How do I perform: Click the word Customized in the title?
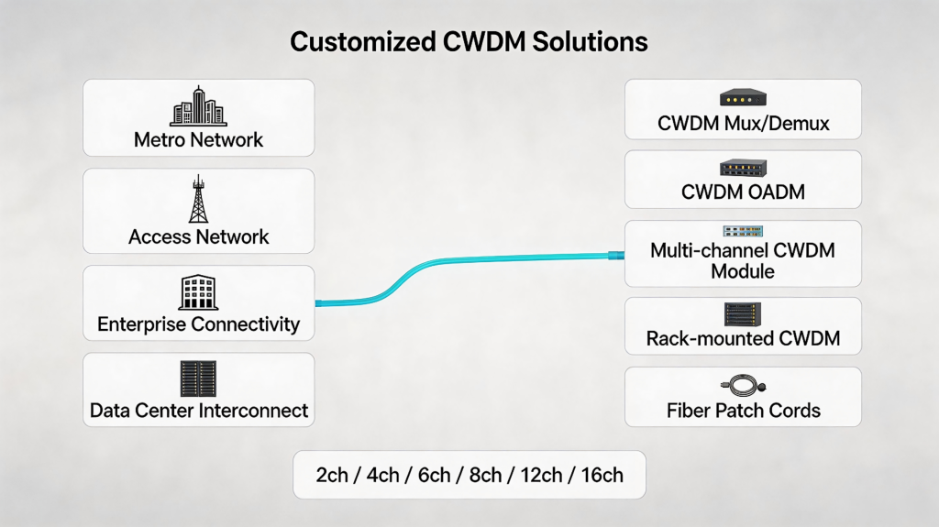coord(363,42)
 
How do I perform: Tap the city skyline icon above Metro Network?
coord(198,106)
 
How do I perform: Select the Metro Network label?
coord(198,139)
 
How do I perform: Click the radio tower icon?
coord(198,199)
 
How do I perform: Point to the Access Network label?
coord(198,236)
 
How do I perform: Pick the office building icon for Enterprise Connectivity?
coord(198,292)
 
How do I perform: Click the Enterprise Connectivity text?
coord(198,324)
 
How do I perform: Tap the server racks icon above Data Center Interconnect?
coord(198,379)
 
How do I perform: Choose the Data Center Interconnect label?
coord(198,411)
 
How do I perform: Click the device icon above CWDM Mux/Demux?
coord(743,98)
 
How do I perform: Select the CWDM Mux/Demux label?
coord(743,124)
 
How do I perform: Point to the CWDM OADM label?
coord(743,192)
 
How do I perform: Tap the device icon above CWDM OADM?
coord(743,168)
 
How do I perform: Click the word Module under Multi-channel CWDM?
coord(743,271)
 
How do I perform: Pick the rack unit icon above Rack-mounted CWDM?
coord(743,314)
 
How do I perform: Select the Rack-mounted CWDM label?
coord(743,338)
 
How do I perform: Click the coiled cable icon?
coord(743,385)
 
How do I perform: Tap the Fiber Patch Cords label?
coord(743,411)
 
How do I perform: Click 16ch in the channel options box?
coord(602,475)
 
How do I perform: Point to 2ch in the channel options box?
coord(332,475)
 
